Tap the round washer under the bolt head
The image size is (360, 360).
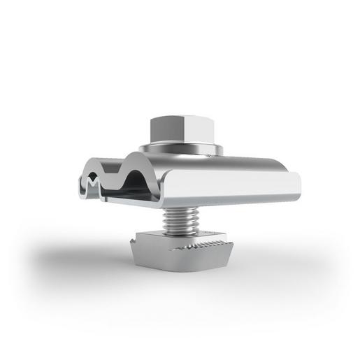pos(180,149)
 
